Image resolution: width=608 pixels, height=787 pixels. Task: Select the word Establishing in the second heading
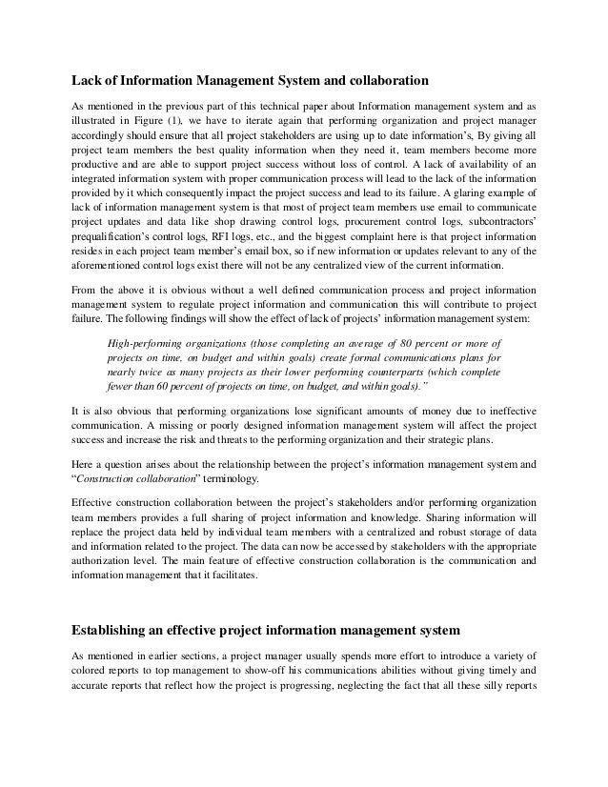coord(119,630)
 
